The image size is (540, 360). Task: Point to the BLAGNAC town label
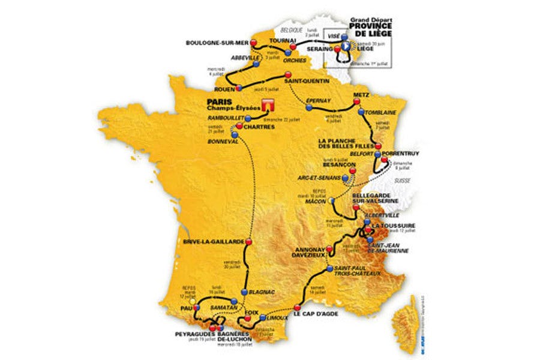[x=262, y=292]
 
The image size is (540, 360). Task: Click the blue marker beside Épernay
[x=309, y=109]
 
